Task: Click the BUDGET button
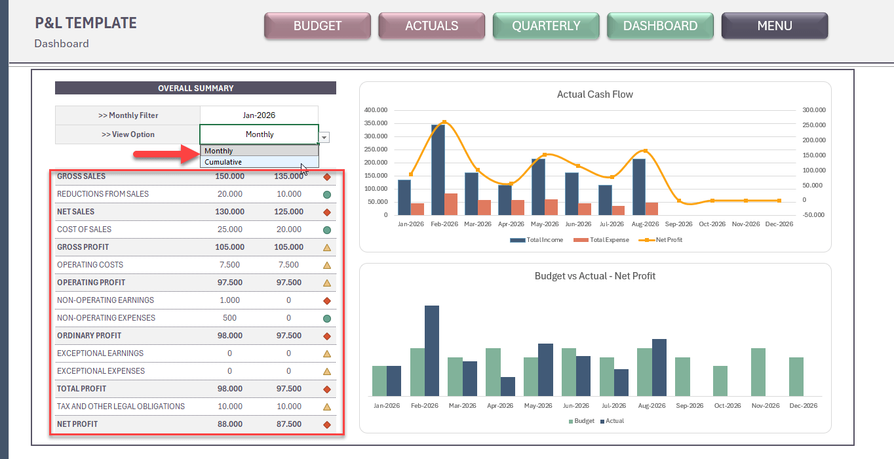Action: pyautogui.click(x=317, y=26)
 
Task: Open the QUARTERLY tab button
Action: pyautogui.click(x=546, y=26)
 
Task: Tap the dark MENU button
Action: pyautogui.click(x=774, y=26)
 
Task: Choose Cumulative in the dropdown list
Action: pyautogui.click(x=223, y=162)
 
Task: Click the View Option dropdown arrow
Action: pyautogui.click(x=324, y=137)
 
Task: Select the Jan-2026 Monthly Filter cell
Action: pyautogui.click(x=259, y=115)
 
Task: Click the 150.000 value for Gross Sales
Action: pyautogui.click(x=229, y=176)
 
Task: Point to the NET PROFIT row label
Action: pyautogui.click(x=77, y=424)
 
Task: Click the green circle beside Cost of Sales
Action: pyautogui.click(x=327, y=230)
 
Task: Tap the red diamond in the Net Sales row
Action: pyautogui.click(x=327, y=212)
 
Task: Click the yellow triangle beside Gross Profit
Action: pyautogui.click(x=327, y=248)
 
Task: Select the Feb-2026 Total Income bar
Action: pyautogui.click(x=438, y=169)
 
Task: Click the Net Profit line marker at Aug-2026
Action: pyautogui.click(x=645, y=151)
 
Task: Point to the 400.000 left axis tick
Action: pyautogui.click(x=376, y=110)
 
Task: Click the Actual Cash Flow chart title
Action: pyautogui.click(x=594, y=94)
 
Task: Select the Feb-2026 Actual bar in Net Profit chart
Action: pyautogui.click(x=432, y=351)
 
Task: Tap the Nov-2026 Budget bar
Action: pyautogui.click(x=758, y=372)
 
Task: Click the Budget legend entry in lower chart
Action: pyautogui.click(x=582, y=421)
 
